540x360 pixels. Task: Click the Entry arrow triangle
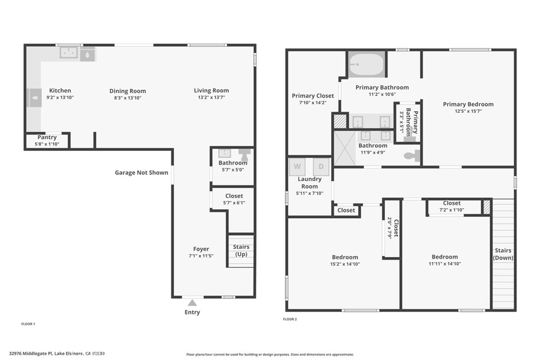[x=192, y=303]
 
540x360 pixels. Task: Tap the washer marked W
[x=297, y=167]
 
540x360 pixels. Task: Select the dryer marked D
[x=321, y=167]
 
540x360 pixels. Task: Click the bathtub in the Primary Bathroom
[x=367, y=64]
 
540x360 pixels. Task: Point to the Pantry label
[x=47, y=137]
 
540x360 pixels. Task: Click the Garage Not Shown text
[x=141, y=172]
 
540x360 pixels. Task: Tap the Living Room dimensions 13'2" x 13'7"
[x=211, y=98]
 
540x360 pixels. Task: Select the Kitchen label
[x=60, y=91]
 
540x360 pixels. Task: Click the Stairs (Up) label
[x=241, y=250]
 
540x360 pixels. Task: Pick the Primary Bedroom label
[x=468, y=104]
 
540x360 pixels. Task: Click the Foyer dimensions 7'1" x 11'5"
[x=201, y=256]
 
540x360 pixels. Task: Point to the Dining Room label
[x=128, y=91]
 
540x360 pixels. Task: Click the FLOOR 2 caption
[x=290, y=319]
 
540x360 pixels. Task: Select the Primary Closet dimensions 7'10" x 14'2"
[x=313, y=103]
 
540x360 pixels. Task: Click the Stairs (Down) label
[x=503, y=254]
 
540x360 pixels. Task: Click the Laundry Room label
[x=310, y=182]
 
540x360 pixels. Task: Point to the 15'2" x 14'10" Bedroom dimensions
[x=345, y=264]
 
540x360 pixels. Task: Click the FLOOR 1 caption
[x=28, y=324]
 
